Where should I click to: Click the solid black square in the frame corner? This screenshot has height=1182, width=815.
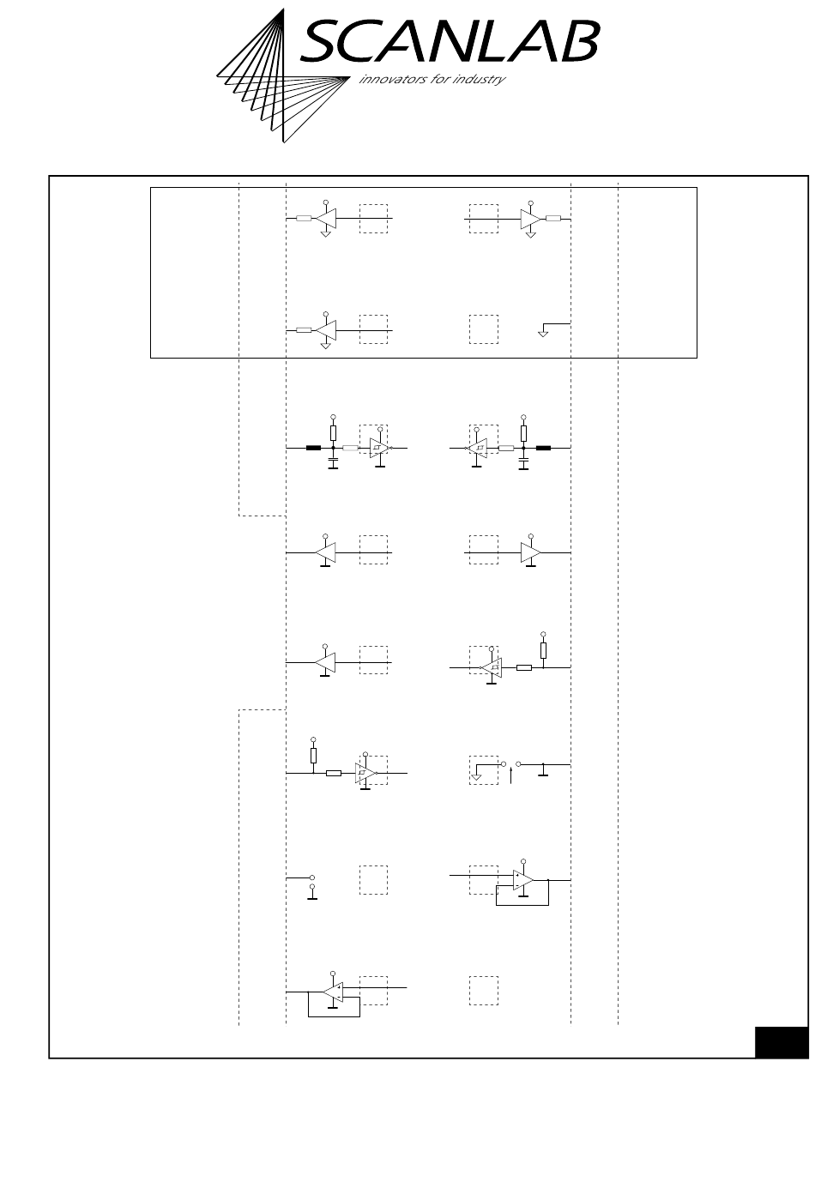coord(781,1042)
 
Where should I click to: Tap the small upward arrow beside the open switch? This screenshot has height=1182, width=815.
coord(511,775)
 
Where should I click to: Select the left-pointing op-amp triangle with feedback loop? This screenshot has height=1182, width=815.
coord(334,990)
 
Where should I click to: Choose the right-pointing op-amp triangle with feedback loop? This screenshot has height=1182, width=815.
coord(523,879)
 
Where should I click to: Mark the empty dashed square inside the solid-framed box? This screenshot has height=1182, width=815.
coord(484,329)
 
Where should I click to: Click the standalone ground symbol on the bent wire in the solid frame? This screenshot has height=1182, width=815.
coord(542,330)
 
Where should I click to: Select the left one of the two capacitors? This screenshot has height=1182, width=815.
coord(333,463)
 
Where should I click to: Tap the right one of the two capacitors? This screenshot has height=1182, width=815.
coord(523,463)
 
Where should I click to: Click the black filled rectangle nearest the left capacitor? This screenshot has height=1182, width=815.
coord(313,448)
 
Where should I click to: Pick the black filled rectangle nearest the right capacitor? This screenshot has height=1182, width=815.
coord(543,448)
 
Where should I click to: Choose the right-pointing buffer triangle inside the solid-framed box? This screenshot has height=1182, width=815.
coord(529,220)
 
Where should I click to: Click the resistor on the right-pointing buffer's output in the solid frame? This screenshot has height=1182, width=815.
coord(553,220)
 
